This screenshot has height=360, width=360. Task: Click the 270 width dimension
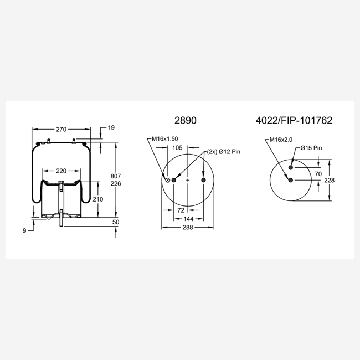point(61,130)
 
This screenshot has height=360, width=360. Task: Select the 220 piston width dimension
point(61,171)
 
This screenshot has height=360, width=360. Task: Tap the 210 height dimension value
point(98,199)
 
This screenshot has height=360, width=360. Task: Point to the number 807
point(116,176)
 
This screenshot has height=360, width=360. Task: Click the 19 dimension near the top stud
point(111,127)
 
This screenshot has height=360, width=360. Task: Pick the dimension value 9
point(24,231)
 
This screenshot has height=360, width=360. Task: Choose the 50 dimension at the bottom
point(116,222)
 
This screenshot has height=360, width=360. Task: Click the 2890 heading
point(186,120)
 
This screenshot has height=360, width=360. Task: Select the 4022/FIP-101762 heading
point(294,120)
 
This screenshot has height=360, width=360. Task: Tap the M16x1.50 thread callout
point(165,139)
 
